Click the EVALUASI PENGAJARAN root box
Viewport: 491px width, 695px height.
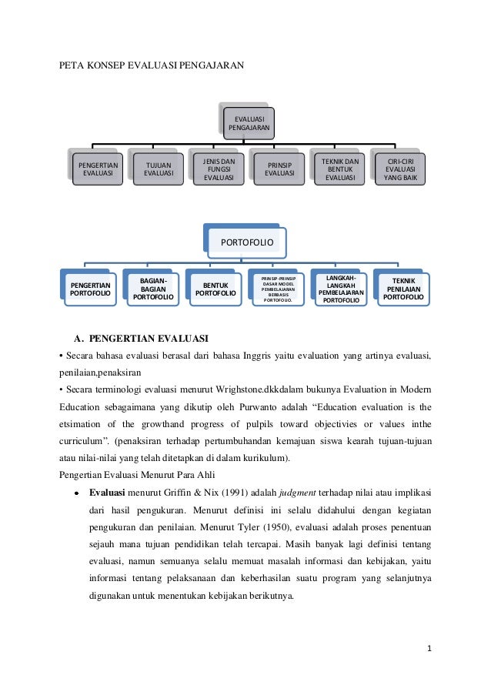[248, 122]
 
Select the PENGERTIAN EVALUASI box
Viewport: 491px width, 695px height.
[97, 169]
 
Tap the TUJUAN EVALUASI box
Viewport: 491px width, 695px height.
[158, 169]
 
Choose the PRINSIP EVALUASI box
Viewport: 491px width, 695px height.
[279, 169]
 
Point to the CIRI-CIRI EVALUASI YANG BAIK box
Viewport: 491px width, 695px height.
[400, 169]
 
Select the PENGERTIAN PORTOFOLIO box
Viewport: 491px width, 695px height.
[90, 289]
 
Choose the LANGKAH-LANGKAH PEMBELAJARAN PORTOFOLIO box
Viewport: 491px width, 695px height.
[340, 288]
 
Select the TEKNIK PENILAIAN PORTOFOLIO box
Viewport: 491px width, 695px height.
[402, 289]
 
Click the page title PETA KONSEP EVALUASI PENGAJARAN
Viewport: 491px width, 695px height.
[152, 66]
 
